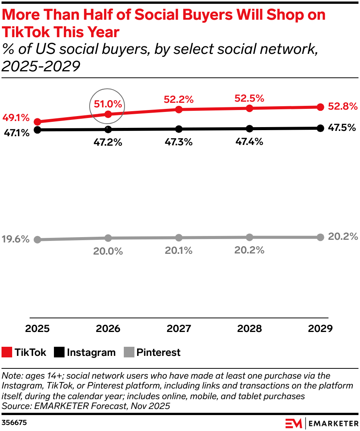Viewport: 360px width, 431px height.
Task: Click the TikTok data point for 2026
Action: click(x=108, y=114)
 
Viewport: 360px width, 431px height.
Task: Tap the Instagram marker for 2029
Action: click(x=320, y=128)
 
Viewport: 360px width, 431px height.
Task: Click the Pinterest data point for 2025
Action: click(x=37, y=239)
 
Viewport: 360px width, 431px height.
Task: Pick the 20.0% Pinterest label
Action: click(x=108, y=251)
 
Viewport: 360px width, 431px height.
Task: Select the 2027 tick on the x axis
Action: click(x=179, y=329)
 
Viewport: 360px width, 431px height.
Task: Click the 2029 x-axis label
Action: click(x=320, y=329)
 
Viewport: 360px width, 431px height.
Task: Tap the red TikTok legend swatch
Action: click(x=7, y=352)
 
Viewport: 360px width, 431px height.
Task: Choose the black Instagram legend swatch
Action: click(x=59, y=352)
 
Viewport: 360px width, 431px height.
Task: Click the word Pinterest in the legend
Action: click(x=158, y=352)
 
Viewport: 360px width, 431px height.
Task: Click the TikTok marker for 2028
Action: click(x=249, y=109)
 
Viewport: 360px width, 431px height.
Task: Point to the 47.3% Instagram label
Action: click(x=179, y=142)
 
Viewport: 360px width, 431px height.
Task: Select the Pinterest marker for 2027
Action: click(x=179, y=238)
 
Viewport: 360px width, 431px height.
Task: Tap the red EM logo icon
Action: click(x=294, y=423)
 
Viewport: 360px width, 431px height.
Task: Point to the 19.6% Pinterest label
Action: click(x=15, y=239)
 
